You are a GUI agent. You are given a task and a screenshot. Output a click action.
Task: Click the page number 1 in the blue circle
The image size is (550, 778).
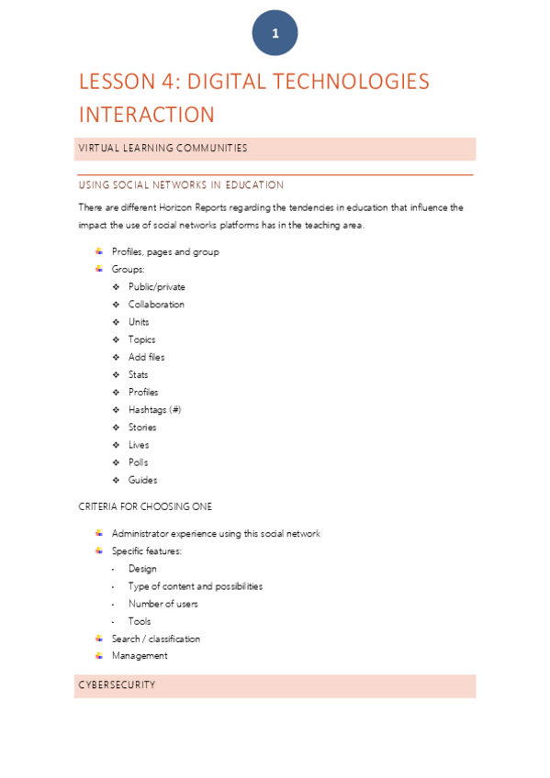[x=275, y=34]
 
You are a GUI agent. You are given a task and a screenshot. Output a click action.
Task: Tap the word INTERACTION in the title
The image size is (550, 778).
[x=146, y=115]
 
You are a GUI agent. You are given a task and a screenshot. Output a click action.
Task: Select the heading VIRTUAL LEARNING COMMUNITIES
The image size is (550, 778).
[x=163, y=148]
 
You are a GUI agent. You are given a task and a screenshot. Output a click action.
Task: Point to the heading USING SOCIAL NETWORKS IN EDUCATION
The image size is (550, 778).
[x=181, y=185]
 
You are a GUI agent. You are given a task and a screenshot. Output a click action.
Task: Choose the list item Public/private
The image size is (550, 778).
[x=156, y=287]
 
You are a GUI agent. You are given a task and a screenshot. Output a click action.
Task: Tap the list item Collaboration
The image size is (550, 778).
[x=156, y=305]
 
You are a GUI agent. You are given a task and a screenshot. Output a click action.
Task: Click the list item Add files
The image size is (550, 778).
[x=147, y=357]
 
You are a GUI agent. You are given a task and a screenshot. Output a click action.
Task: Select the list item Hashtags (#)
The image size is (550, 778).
[x=154, y=410]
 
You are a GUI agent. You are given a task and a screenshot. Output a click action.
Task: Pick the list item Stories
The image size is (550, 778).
[x=142, y=428]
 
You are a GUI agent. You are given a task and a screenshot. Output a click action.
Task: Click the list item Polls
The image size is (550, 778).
[x=138, y=462]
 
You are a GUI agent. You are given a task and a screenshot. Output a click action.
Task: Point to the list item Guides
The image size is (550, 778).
[x=142, y=480]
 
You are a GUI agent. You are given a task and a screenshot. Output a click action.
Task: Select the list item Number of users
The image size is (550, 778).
[x=163, y=604]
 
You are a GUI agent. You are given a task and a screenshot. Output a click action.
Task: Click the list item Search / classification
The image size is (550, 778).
[x=155, y=639]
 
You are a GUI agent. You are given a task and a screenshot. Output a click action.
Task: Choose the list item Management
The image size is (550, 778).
[x=140, y=656]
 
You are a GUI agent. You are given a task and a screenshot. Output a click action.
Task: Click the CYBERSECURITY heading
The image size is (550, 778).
[x=117, y=685]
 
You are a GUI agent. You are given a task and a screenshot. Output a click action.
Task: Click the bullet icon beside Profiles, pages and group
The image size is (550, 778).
[x=98, y=251]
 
